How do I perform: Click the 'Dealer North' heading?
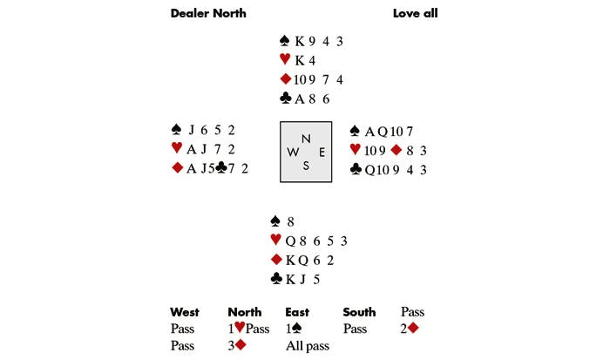[208, 13]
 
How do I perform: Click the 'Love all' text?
[415, 13]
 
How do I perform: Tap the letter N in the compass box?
[306, 139]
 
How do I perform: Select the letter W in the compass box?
[293, 153]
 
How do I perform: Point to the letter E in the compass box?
[322, 153]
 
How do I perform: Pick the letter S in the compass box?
[306, 166]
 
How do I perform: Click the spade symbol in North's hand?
[285, 40]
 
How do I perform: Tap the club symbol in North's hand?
[286, 98]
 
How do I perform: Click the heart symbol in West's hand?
[177, 148]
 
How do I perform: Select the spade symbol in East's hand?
[355, 131]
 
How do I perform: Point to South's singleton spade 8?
[290, 221]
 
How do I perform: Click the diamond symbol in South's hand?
[276, 259]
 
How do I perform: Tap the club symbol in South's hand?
[276, 278]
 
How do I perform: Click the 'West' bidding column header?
[185, 312]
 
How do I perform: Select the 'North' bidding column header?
[244, 312]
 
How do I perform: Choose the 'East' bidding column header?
[297, 312]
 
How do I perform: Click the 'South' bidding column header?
[359, 312]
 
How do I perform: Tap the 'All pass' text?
[308, 346]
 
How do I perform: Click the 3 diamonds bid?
[237, 345]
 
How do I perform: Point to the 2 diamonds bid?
[410, 329]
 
